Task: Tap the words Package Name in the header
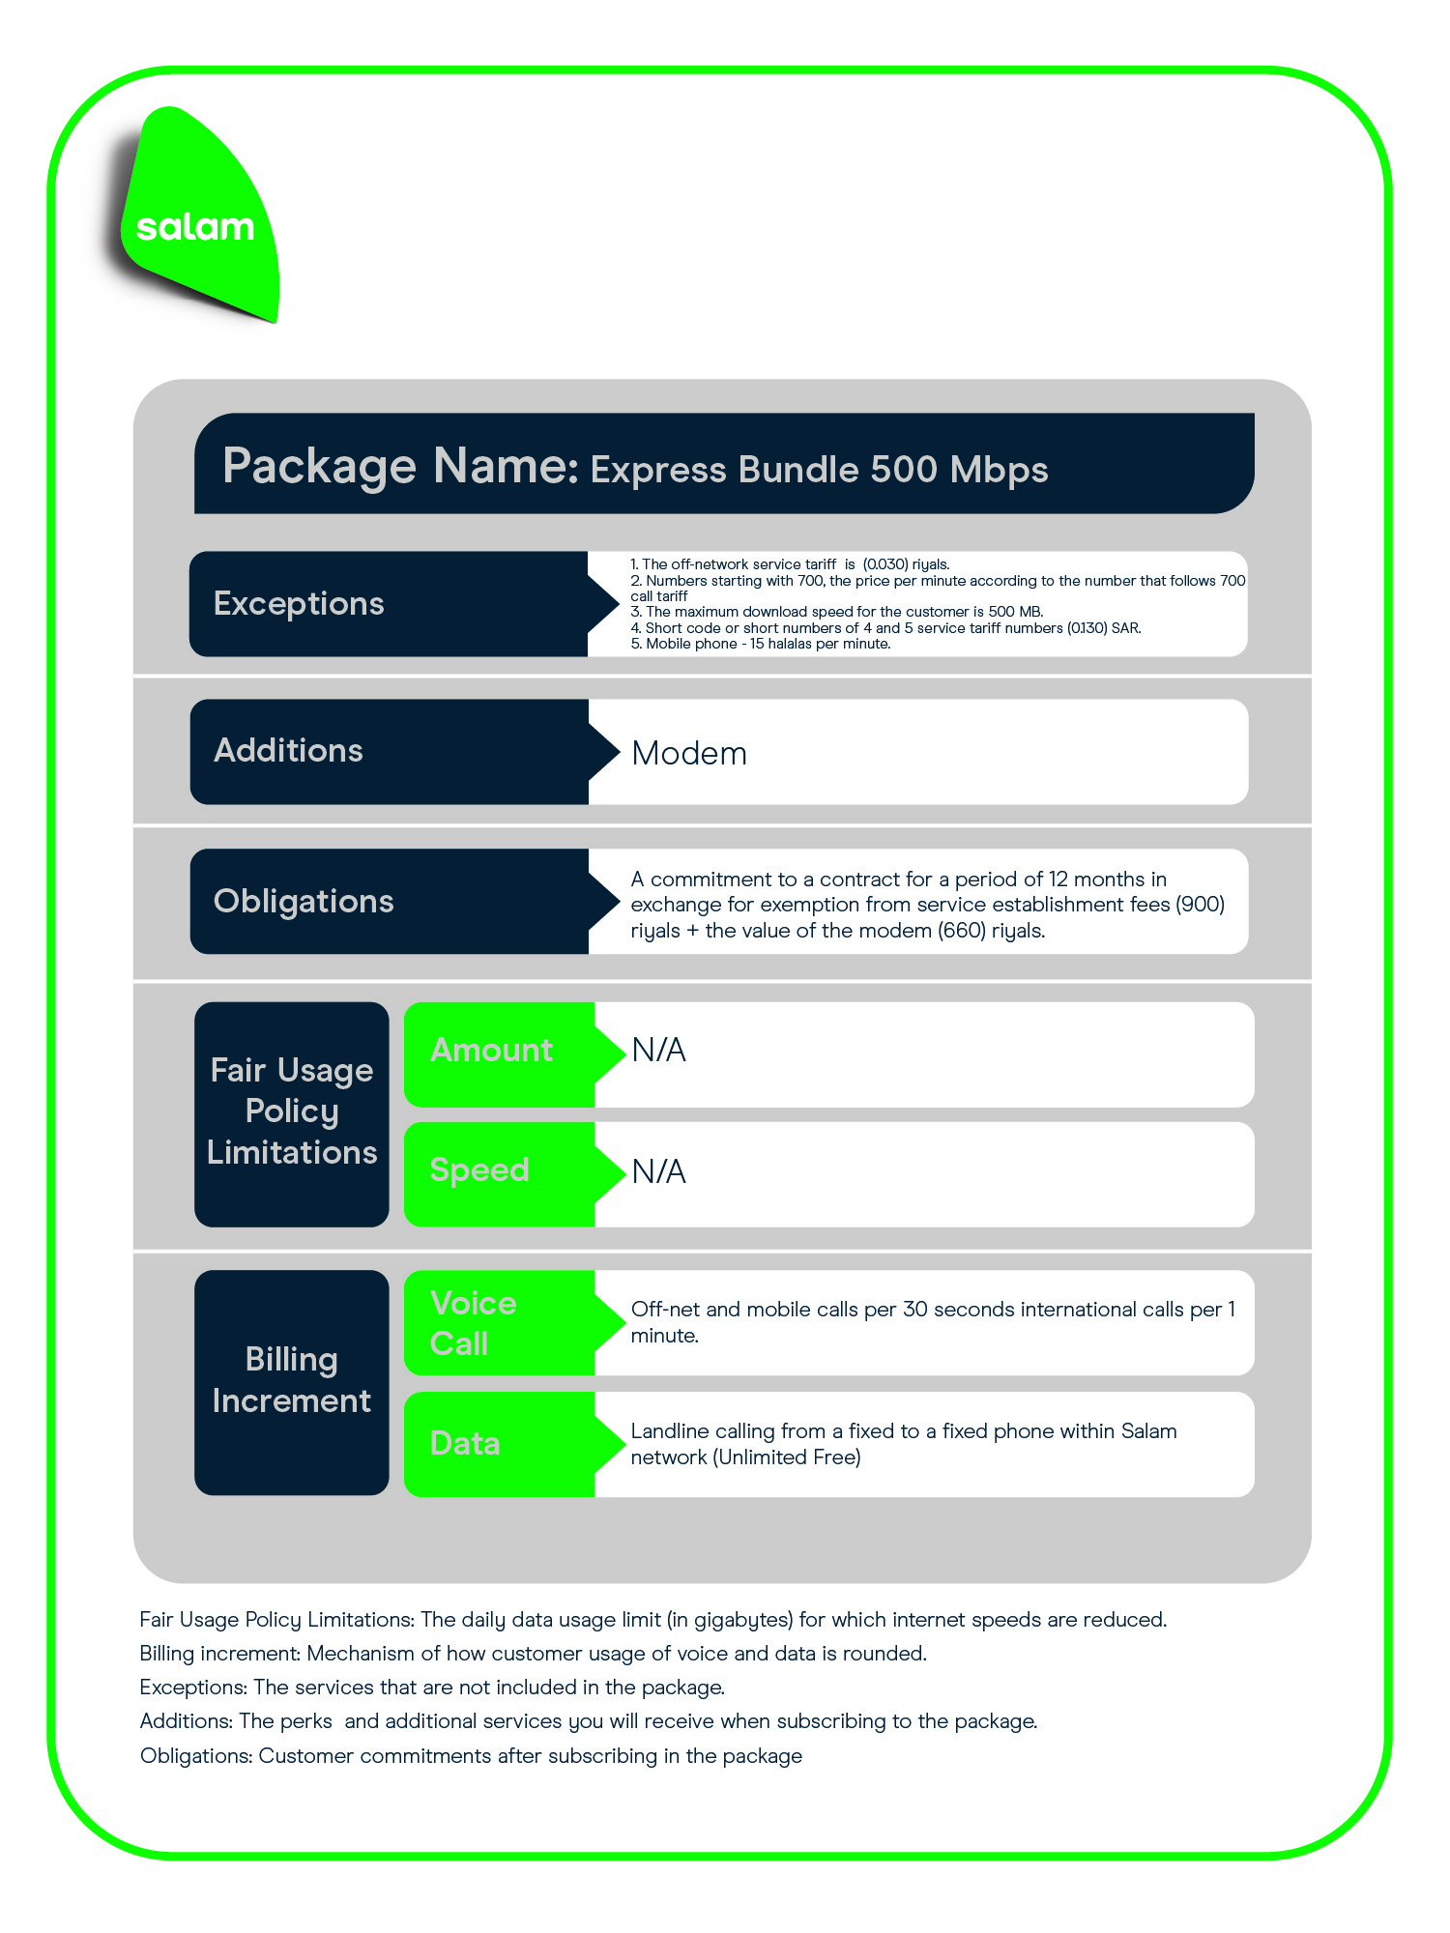point(400,466)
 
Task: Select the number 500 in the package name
point(904,470)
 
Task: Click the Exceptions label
point(299,604)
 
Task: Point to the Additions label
point(288,751)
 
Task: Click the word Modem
point(689,754)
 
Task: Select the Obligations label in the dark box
point(304,902)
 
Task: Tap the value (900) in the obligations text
point(1200,905)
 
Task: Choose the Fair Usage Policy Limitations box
point(292,1114)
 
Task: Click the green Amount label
point(492,1051)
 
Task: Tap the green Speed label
point(479,1170)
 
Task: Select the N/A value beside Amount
point(658,1051)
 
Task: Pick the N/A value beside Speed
point(658,1171)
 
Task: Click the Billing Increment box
point(292,1382)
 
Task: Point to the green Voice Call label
point(474,1323)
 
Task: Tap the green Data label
point(465,1444)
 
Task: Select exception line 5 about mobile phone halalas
point(761,644)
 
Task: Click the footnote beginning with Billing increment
point(534,1654)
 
